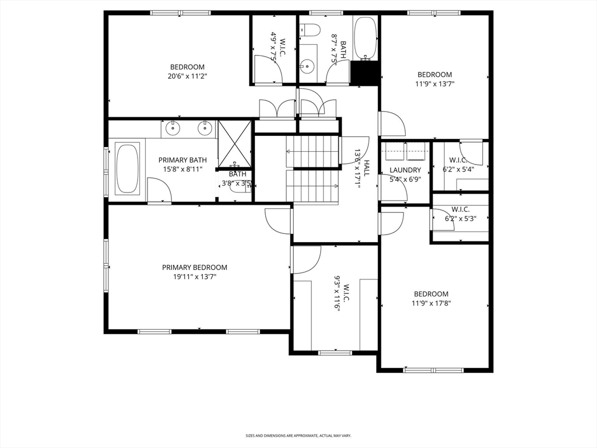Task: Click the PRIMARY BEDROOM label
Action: pos(195,267)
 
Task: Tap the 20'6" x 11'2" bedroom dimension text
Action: pos(187,76)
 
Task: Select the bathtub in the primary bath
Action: pos(127,169)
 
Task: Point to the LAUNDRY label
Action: pos(405,170)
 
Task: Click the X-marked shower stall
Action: pos(234,145)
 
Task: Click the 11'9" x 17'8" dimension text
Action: pos(431,303)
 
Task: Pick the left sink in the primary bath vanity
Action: pos(173,128)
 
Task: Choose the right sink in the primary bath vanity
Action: pos(205,128)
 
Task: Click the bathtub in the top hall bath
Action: pos(366,38)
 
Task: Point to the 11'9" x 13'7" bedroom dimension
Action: pos(435,84)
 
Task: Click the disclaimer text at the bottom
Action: pos(298,435)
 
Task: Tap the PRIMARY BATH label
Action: pos(182,160)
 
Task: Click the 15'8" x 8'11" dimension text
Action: pos(182,169)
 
